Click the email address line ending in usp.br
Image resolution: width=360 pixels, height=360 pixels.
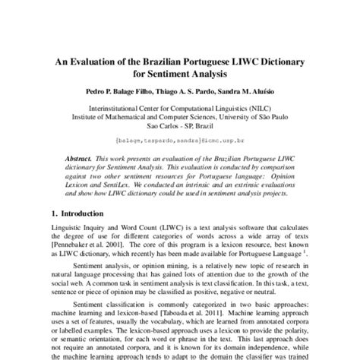(x=180, y=141)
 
